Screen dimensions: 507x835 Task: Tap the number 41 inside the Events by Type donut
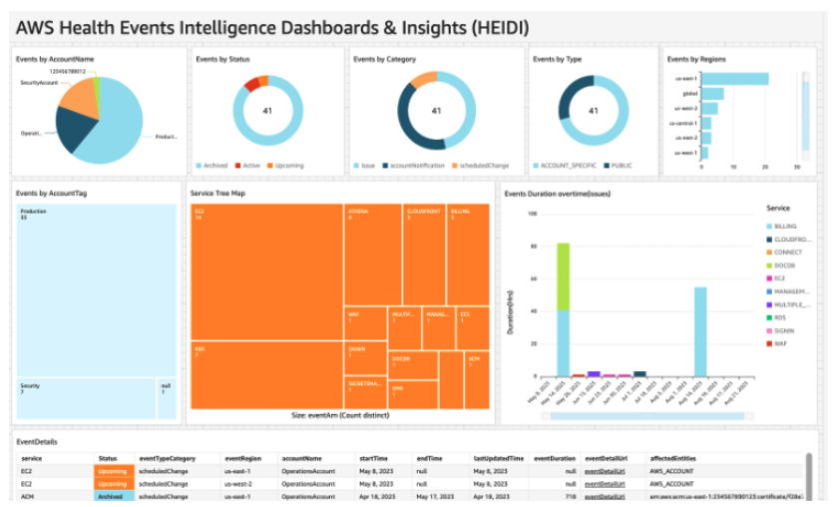pos(594,111)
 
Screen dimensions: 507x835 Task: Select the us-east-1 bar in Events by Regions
pos(734,79)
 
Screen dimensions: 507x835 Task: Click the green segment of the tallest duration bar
pos(563,275)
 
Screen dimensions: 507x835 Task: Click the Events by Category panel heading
pos(384,59)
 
